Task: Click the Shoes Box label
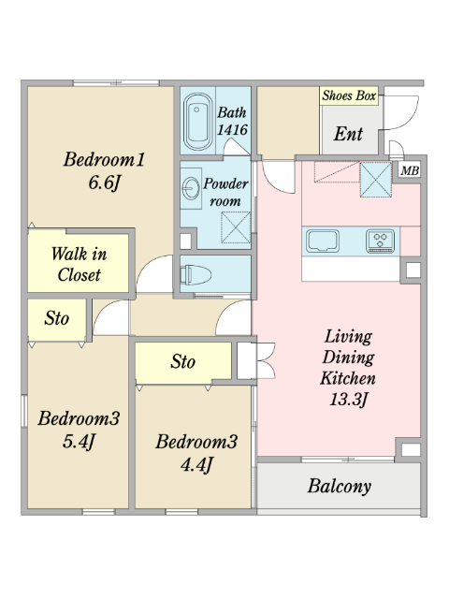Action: (349, 95)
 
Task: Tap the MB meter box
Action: (410, 170)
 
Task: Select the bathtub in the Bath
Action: (197, 122)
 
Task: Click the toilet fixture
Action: (196, 274)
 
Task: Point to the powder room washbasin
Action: (191, 189)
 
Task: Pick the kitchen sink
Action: (323, 241)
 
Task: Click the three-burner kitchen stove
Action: (381, 241)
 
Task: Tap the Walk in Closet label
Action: (79, 264)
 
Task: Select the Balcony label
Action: (340, 487)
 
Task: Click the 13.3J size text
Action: (348, 400)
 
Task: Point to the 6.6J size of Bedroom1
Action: (104, 183)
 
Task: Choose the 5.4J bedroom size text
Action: (79, 442)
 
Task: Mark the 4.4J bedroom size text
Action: (196, 465)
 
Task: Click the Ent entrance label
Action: (348, 134)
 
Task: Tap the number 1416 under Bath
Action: (232, 130)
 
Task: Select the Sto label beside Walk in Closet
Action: (56, 318)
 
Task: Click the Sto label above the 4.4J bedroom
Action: (183, 361)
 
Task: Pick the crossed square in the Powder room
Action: (236, 227)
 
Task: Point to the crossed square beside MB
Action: (376, 180)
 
